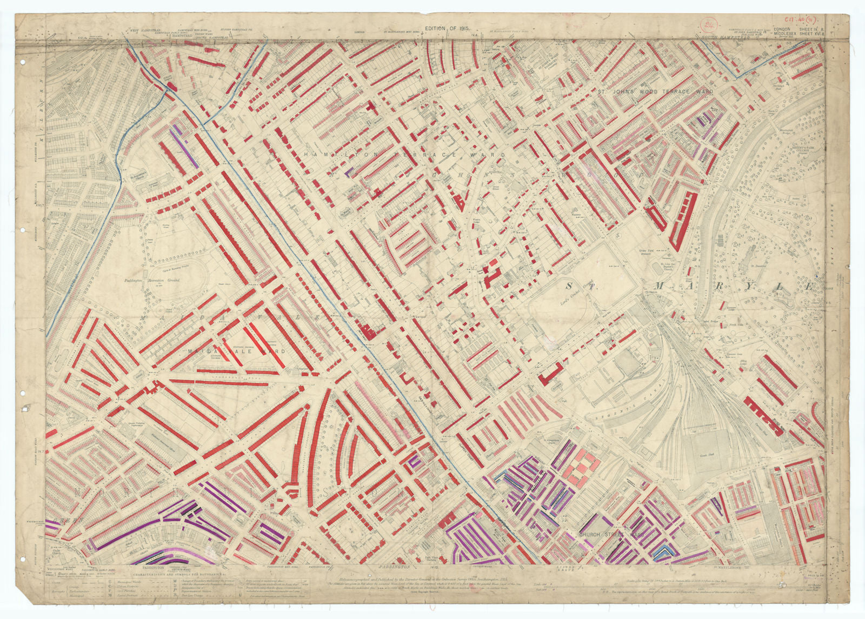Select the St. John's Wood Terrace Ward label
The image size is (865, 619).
(655, 92)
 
